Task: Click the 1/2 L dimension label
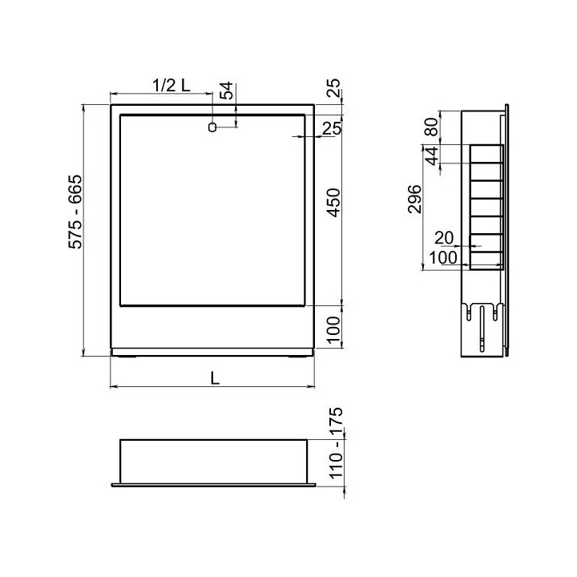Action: click(171, 86)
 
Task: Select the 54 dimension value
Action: click(227, 91)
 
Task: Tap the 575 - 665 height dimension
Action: click(75, 212)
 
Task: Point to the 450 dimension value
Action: click(334, 203)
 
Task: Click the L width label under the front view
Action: click(215, 378)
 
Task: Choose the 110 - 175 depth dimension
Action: click(335, 443)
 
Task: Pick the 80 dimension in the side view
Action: click(432, 127)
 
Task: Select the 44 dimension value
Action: click(432, 155)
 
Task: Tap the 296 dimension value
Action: click(415, 199)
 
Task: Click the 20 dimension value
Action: click(444, 238)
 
